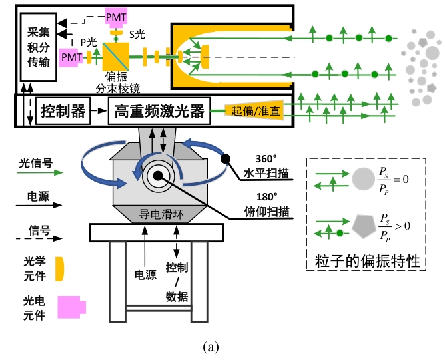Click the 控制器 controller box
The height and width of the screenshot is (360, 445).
(63, 111)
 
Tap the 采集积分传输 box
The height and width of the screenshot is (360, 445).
(35, 43)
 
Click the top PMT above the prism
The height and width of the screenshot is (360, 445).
(116, 14)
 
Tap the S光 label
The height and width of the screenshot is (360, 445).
(137, 33)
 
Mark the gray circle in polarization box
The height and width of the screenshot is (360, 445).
(363, 181)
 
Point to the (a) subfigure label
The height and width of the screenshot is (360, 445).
(211, 347)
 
